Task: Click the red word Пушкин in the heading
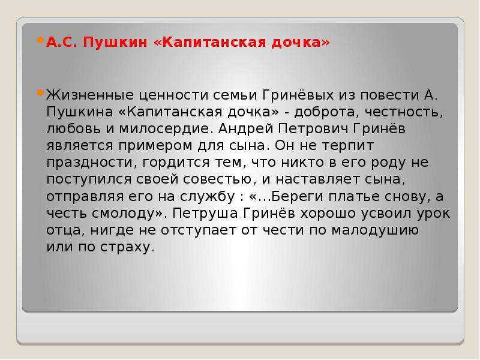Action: pyautogui.click(x=115, y=43)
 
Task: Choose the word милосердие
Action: pyautogui.click(x=166, y=129)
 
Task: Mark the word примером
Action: pyautogui.click(x=155, y=146)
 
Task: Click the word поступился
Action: pyautogui.click(x=89, y=179)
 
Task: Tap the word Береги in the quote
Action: pyautogui.click(x=297, y=197)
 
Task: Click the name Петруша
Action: pyautogui.click(x=205, y=214)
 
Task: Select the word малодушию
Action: pyautogui.click(x=376, y=230)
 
